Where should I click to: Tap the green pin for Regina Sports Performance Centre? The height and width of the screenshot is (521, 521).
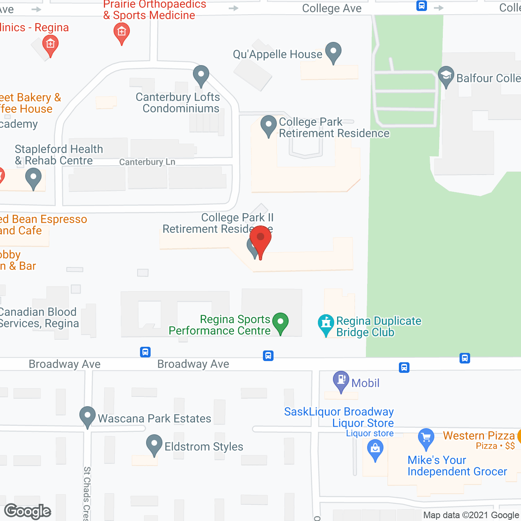[x=280, y=322]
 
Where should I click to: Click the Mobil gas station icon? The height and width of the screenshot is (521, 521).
[x=341, y=381]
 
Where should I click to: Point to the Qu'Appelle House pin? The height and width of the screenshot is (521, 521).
[x=333, y=52]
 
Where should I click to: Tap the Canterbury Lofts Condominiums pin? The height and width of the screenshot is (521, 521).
[x=201, y=75]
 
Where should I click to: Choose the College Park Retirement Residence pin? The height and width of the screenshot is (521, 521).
[x=268, y=125]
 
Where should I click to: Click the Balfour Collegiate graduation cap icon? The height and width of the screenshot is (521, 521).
[x=446, y=76]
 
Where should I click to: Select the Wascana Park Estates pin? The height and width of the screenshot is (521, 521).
[x=87, y=416]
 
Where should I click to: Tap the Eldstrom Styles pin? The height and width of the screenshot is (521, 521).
[x=154, y=444]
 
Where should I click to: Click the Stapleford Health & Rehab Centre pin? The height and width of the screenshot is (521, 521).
[x=33, y=178]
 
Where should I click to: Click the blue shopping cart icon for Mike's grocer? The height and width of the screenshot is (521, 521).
[x=426, y=438]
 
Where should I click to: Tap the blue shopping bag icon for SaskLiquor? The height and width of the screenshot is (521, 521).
[x=375, y=450]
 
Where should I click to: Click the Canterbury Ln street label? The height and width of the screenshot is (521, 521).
[x=147, y=162]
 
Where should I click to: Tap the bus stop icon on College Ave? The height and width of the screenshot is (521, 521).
[x=422, y=6]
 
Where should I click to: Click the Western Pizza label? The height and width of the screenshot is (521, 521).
[x=479, y=436]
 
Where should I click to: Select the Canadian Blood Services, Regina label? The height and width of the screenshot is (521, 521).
[x=39, y=317]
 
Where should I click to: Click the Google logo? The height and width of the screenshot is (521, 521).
[x=28, y=511]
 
